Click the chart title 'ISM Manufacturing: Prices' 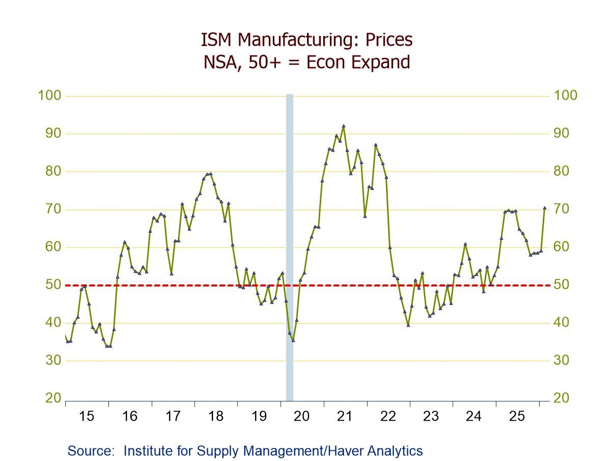coord(306,40)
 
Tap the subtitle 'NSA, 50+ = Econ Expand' coord(306,62)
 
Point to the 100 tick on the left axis coord(49,96)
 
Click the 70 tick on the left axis coord(53,209)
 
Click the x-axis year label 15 coord(87,416)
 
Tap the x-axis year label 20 coord(302,416)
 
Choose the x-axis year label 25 coord(517,416)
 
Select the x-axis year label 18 coord(216,416)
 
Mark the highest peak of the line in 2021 coord(344,126)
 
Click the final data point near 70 coord(545,208)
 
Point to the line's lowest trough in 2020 coord(293,340)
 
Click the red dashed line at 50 coord(153,285)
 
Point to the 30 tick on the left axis coord(53,361)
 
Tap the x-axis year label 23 coord(431,416)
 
